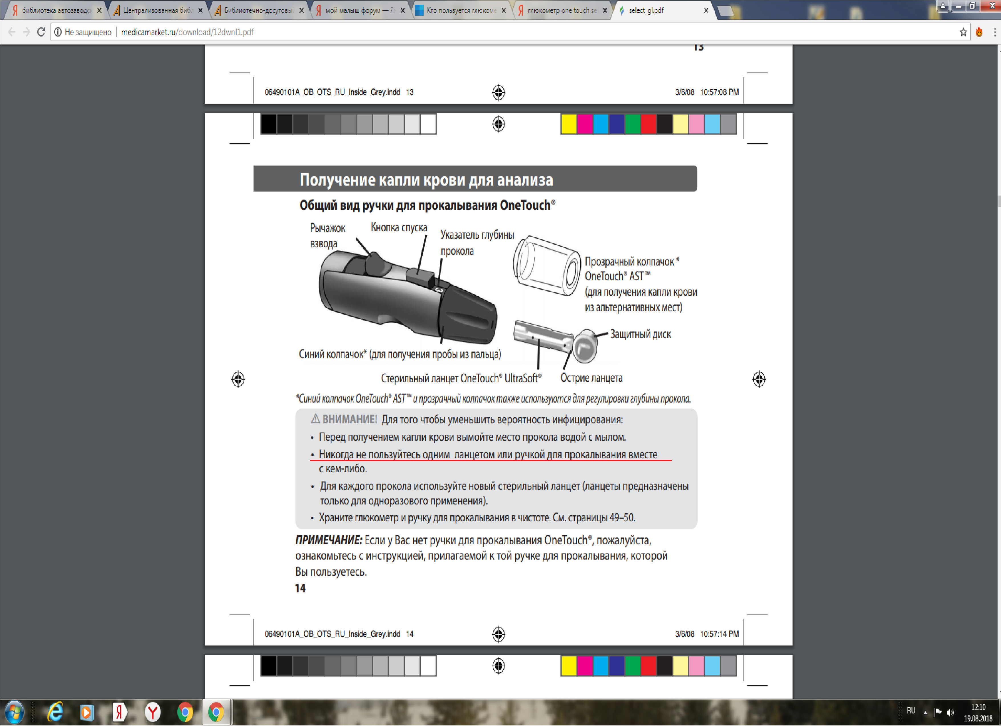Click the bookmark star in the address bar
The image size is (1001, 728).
tap(963, 32)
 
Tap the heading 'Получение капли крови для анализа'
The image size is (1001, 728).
tap(426, 180)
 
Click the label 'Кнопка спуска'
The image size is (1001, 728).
tap(399, 228)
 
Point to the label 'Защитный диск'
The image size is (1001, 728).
tap(641, 334)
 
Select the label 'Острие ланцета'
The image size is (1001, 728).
tap(591, 378)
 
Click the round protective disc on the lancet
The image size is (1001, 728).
tap(585, 346)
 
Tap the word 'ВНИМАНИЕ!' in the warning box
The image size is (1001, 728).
tap(350, 420)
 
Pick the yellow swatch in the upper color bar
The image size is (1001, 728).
tap(569, 124)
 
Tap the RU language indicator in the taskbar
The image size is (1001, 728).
tap(911, 711)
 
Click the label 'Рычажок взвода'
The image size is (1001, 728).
tap(327, 236)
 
